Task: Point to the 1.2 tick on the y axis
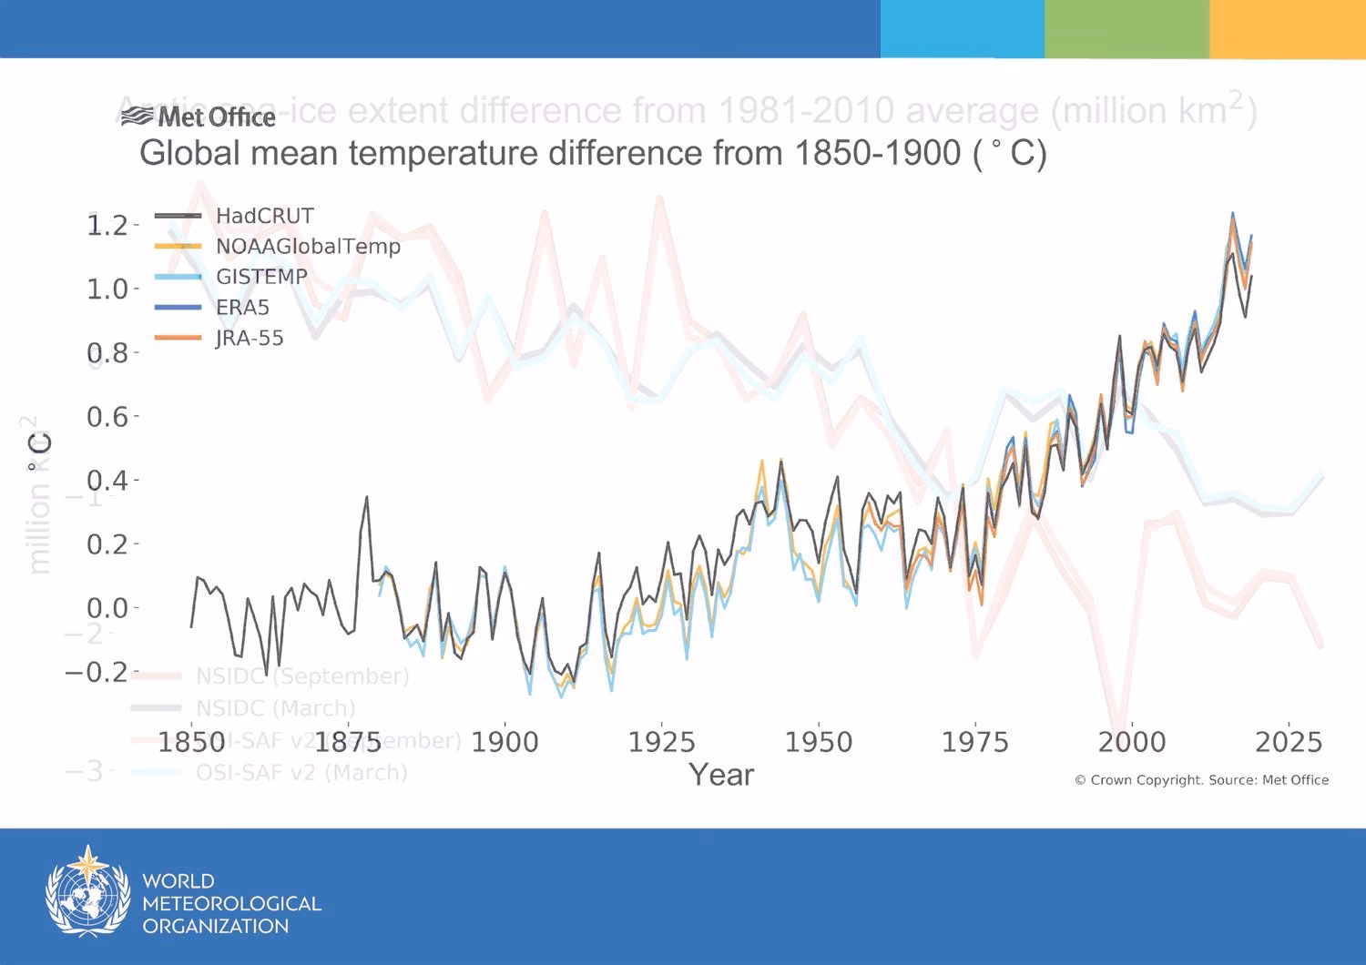(x=107, y=225)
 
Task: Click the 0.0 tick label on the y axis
(x=107, y=607)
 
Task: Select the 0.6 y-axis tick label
(x=107, y=417)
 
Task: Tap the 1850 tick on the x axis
(x=192, y=742)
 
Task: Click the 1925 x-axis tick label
(x=662, y=742)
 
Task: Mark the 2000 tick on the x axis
(x=1131, y=742)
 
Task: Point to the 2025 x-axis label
(x=1288, y=742)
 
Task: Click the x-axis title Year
(x=721, y=775)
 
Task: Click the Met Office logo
(x=199, y=117)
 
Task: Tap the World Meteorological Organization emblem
(x=87, y=892)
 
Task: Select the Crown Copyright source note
(x=1201, y=780)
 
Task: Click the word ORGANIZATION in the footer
(x=215, y=927)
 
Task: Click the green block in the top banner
(x=1126, y=28)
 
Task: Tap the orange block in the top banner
(x=1288, y=28)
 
